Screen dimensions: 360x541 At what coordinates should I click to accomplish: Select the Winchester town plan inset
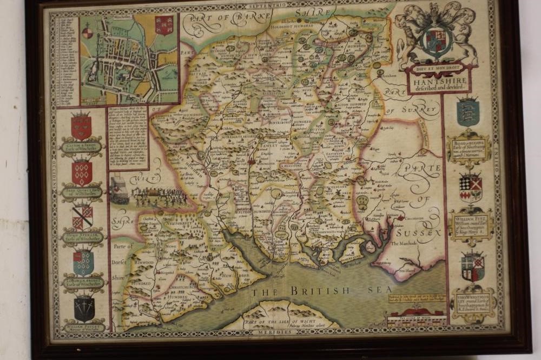129,58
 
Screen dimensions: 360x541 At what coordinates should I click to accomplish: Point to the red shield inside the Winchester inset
164,25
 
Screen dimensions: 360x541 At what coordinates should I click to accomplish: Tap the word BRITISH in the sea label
319,291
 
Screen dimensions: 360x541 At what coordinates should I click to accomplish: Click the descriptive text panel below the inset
128,138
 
